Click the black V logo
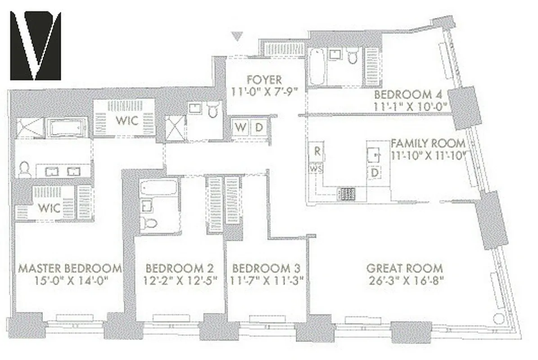coord(36,45)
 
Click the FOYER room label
coord(264,80)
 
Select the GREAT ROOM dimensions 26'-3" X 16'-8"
coord(405,280)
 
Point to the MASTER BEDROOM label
coord(70,269)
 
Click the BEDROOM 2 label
coord(180,269)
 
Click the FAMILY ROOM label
coord(428,144)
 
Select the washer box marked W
coord(241,127)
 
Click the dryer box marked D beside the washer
coord(259,127)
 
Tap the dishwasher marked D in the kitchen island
coord(374,172)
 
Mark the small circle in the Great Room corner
coord(497,319)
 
